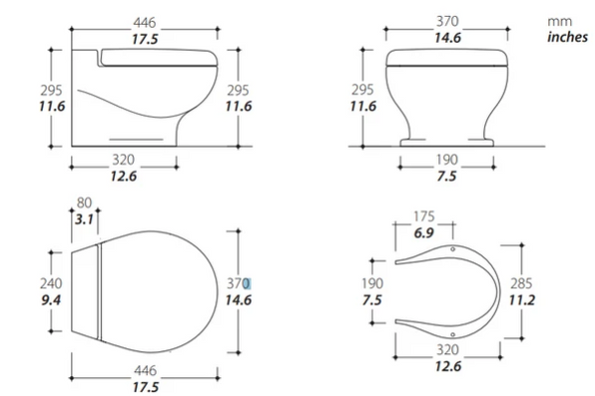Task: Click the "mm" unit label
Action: point(559,21)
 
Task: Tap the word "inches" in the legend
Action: point(567,37)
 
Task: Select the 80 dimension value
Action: point(84,202)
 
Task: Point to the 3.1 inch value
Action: point(84,219)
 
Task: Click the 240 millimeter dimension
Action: point(51,283)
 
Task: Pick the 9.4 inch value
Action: point(51,301)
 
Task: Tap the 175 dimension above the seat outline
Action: point(423,216)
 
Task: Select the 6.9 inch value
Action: point(423,233)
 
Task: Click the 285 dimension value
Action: point(521,283)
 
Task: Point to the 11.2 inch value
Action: point(522,301)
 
